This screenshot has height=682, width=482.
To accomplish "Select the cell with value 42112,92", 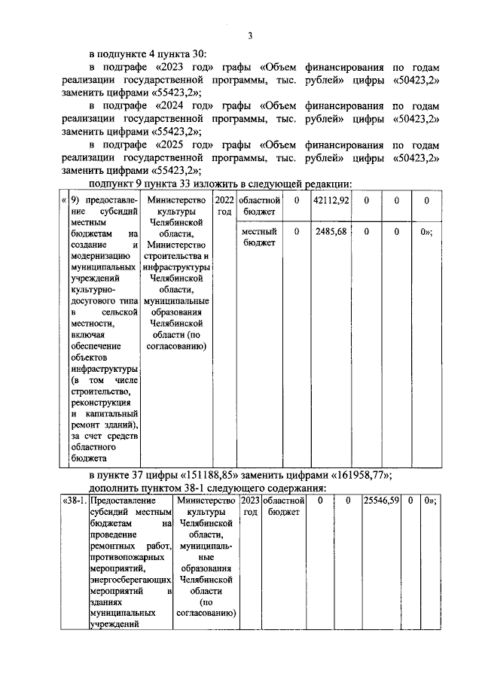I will (x=331, y=201).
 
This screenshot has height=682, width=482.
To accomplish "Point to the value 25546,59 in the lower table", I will (x=381, y=500).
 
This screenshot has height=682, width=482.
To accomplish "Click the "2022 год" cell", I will (x=224, y=206).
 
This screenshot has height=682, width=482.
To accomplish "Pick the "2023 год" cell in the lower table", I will (x=251, y=506).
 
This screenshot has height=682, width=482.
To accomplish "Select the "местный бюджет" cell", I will (x=259, y=237).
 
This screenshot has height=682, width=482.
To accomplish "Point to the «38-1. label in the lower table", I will (x=76, y=500).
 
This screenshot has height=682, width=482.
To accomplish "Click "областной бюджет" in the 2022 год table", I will (x=259, y=206).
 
